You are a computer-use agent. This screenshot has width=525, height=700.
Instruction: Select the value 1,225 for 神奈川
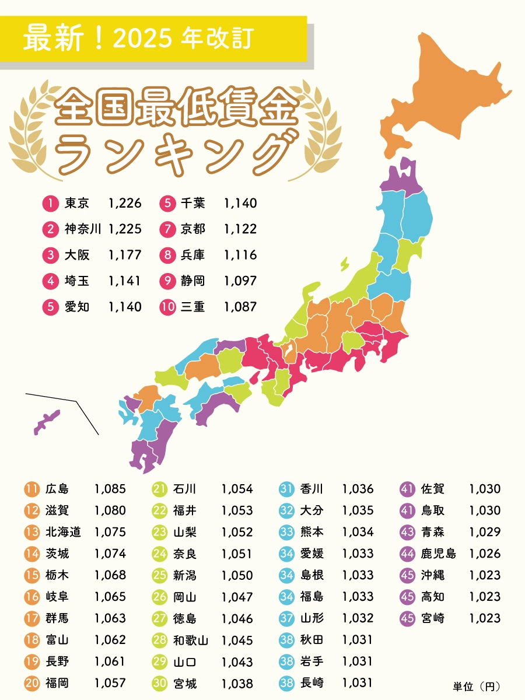pyautogui.click(x=125, y=229)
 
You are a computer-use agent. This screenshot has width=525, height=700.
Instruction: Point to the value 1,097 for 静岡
pyautogui.click(x=240, y=281)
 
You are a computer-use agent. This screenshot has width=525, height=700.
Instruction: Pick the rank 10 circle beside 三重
pyautogui.click(x=168, y=307)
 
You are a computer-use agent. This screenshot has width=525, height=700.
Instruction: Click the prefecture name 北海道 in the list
pyautogui.click(x=63, y=532)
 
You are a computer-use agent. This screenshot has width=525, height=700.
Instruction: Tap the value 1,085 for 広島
pyautogui.click(x=110, y=489)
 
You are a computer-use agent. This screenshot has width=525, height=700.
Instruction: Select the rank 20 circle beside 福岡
pyautogui.click(x=32, y=683)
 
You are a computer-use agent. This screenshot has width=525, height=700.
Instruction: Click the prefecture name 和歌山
pyautogui.click(x=190, y=640)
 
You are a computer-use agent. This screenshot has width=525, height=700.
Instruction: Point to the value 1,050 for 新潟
pyautogui.click(x=237, y=575)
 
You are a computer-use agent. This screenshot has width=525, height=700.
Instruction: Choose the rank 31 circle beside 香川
pyautogui.click(x=286, y=489)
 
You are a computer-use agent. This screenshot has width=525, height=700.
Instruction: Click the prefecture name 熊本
pyautogui.click(x=311, y=532)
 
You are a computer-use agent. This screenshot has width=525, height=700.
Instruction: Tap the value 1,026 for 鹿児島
pyautogui.click(x=484, y=554)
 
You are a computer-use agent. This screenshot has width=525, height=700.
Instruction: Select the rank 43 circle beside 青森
pyautogui.click(x=408, y=532)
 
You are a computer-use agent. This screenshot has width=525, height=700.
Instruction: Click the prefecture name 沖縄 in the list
pyautogui.click(x=432, y=575)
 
